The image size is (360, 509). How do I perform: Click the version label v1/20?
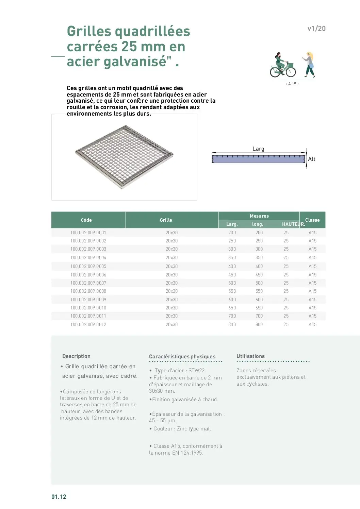pyautogui.click(x=316, y=29)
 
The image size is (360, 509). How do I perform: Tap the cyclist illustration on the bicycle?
pyautogui.click(x=282, y=65)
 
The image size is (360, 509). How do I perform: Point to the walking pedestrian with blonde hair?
pyautogui.click(x=309, y=65)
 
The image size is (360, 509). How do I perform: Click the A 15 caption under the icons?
pyautogui.click(x=292, y=84)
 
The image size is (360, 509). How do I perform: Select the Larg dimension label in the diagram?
pyautogui.click(x=258, y=149)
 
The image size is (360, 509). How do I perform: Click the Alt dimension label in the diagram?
pyautogui.click(x=311, y=159)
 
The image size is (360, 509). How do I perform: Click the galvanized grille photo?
pyautogui.click(x=124, y=157)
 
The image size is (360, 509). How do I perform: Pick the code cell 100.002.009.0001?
pyautogui.click(x=88, y=233)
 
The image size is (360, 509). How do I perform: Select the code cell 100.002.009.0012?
pyautogui.click(x=88, y=325)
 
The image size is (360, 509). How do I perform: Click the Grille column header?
pyautogui.click(x=166, y=220)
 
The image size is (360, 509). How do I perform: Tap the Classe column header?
pyautogui.click(x=312, y=220)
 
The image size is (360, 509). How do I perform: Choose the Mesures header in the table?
pyautogui.click(x=259, y=216)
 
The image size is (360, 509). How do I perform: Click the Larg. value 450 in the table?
pyautogui.click(x=232, y=275)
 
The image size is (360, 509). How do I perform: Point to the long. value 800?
pyautogui.click(x=259, y=325)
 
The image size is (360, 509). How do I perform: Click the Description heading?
pyautogui.click(x=76, y=356)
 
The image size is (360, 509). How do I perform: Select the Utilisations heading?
pyautogui.click(x=250, y=356)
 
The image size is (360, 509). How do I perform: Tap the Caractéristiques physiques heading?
pyautogui.click(x=182, y=357)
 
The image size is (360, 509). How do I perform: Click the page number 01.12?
pyautogui.click(x=59, y=497)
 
